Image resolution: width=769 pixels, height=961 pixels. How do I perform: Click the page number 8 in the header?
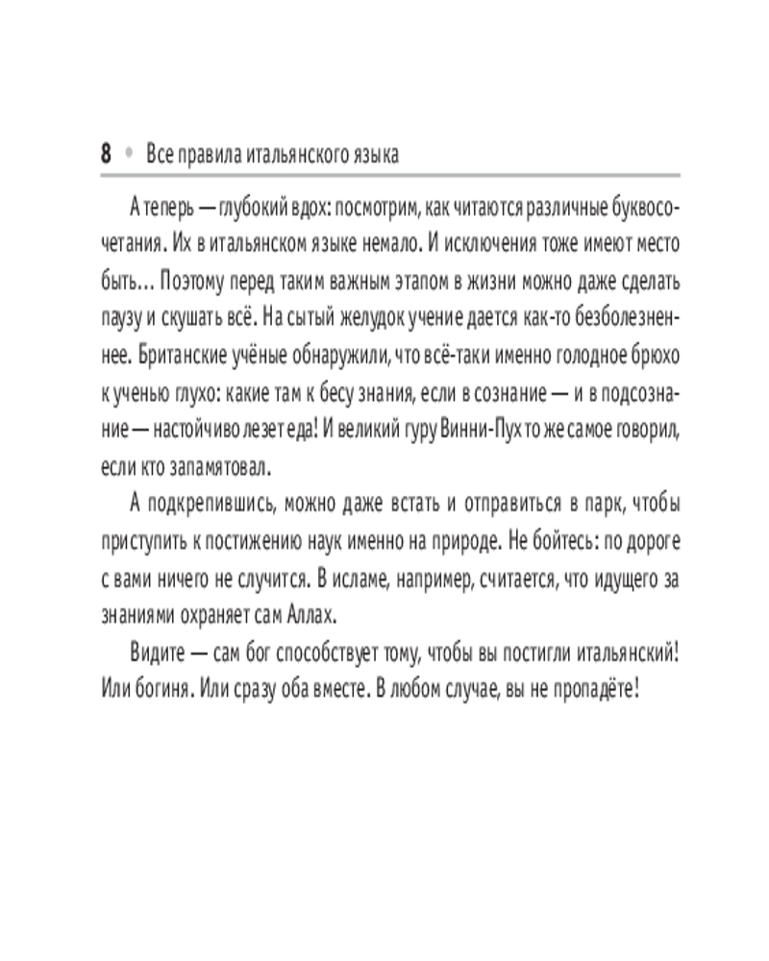(x=106, y=154)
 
